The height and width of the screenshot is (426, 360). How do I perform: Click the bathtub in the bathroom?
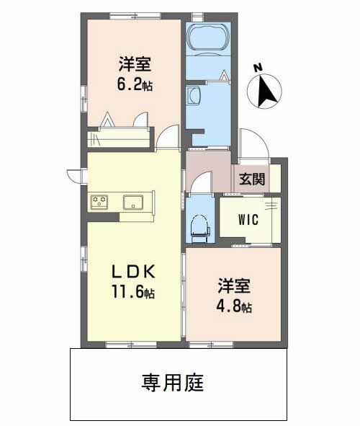(x=208, y=37)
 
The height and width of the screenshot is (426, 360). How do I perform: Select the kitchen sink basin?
(x=133, y=203)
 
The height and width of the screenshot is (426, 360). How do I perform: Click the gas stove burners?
(x=99, y=203)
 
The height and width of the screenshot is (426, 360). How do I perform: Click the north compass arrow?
(x=266, y=91)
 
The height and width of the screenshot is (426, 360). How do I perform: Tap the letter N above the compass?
(x=258, y=67)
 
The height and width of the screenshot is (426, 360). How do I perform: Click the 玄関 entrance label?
(x=252, y=179)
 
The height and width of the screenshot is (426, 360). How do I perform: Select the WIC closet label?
(x=248, y=220)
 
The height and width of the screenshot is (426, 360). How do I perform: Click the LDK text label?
(x=133, y=272)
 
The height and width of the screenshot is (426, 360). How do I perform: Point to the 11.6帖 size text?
(x=133, y=293)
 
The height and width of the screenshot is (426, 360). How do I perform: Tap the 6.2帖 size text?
(x=135, y=84)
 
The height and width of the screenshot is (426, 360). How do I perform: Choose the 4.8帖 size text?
(x=234, y=306)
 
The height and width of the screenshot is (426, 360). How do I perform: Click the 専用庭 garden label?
(x=173, y=383)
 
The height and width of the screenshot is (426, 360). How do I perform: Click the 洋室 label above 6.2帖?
(x=135, y=64)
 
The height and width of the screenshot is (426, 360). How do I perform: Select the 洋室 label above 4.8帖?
(x=234, y=286)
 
